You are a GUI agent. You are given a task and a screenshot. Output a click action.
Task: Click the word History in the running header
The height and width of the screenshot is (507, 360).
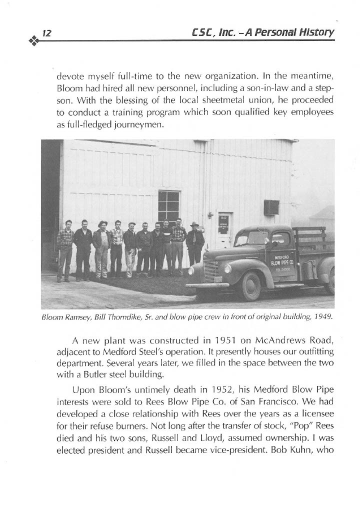(x=316, y=33)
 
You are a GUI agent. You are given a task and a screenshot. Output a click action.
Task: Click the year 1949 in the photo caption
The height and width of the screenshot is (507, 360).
(x=322, y=316)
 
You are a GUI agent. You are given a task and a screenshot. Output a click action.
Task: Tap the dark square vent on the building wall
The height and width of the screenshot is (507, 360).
(x=271, y=207)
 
